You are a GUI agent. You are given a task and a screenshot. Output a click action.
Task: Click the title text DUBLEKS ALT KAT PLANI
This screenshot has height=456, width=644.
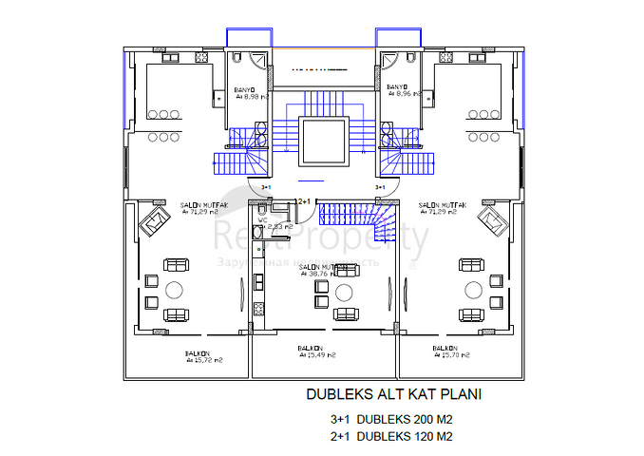tap(388, 394)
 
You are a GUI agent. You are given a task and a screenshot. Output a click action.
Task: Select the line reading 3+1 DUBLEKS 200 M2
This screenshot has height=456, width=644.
tap(389, 419)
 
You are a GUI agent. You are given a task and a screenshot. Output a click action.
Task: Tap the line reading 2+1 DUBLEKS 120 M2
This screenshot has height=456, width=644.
tap(389, 437)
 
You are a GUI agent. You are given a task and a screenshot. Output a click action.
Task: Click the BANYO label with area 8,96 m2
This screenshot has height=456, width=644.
tap(401, 91)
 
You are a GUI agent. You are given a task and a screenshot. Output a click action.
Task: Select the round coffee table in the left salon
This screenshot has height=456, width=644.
tap(175, 290)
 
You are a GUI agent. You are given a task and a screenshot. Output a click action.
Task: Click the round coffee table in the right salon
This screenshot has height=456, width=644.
tap(471, 290)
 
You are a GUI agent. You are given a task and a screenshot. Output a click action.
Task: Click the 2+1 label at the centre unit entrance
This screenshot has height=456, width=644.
tap(305, 201)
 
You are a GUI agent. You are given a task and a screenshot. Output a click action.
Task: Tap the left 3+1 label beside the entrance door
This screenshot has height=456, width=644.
tap(266, 188)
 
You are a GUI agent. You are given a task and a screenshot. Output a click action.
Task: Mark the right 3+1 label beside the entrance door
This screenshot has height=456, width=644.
tap(379, 188)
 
